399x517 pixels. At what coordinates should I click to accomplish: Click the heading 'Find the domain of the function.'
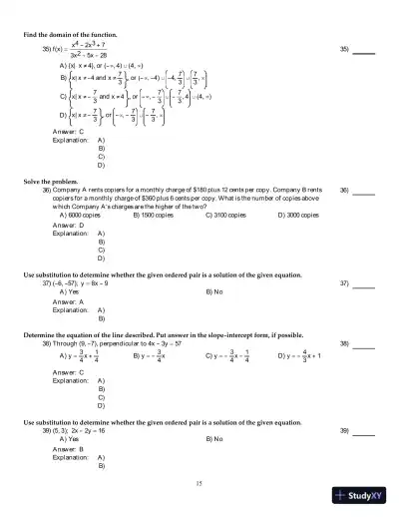coord(74,36)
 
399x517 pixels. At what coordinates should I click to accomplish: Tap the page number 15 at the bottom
coord(199,483)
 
